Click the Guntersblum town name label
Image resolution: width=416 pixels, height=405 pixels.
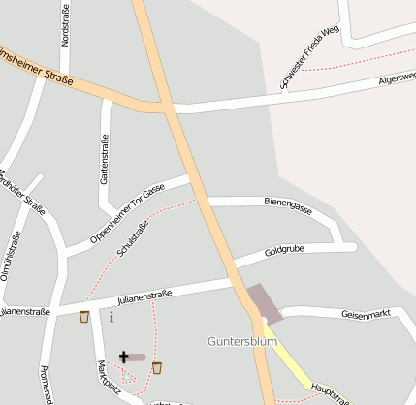tap(242, 341)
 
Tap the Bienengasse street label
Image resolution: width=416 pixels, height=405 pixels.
tap(288, 205)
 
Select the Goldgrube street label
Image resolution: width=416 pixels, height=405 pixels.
tap(284, 253)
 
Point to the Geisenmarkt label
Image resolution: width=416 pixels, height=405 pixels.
tap(366, 314)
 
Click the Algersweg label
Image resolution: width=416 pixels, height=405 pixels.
tap(397, 78)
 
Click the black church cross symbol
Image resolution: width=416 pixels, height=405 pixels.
tap(124, 357)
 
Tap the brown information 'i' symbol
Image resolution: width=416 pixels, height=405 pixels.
tap(112, 317)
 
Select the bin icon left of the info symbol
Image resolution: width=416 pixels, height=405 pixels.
tap(84, 317)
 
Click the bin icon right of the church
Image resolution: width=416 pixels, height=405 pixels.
tap(157, 366)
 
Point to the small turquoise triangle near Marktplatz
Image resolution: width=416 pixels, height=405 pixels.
tap(127, 375)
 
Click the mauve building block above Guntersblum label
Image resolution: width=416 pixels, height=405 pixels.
tap(265, 302)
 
